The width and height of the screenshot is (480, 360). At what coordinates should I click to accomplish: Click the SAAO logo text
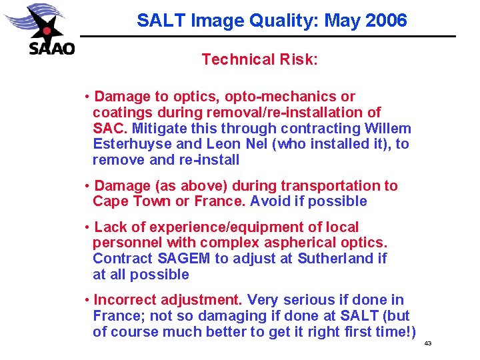tap(51, 48)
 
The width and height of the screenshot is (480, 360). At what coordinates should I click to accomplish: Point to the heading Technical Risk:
tap(259, 59)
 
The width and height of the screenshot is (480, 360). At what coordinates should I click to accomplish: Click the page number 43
tap(428, 343)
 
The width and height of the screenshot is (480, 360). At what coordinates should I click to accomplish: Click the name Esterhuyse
tap(131, 144)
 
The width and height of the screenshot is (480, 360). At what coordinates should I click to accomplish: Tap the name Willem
tap(388, 128)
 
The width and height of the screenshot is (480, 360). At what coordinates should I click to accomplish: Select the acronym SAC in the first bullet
tap(107, 128)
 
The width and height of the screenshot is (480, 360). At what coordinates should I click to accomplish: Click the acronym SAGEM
tap(183, 259)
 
